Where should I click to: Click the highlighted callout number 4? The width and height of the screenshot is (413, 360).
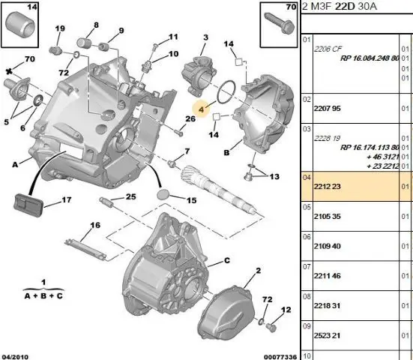point(201,109)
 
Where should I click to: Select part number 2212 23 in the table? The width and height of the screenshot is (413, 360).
point(327,187)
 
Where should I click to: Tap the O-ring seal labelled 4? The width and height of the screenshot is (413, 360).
point(226,92)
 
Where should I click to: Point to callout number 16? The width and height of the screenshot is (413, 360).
point(95,225)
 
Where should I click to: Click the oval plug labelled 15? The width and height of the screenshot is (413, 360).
point(163,194)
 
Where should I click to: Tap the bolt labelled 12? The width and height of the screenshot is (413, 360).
point(271,327)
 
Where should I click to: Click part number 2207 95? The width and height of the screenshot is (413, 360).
point(327,109)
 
